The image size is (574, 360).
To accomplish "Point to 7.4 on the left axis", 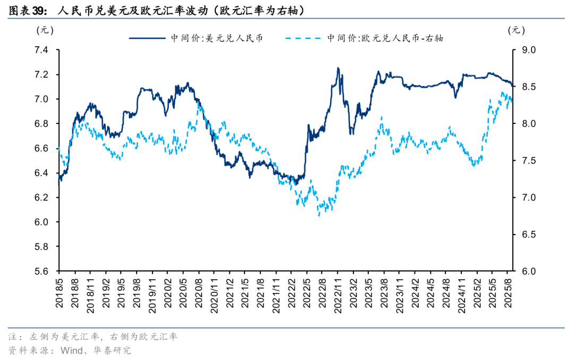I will point(41,51).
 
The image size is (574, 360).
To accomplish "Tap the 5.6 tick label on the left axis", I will point(41,272).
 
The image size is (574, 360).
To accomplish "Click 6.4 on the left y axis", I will point(41,173).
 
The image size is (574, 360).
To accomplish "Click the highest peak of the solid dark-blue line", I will point(338,68).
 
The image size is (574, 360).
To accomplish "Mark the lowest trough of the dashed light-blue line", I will point(319,215).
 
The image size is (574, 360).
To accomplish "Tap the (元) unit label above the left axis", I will point(45,30).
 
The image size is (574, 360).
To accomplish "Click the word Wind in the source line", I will point(72,350).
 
